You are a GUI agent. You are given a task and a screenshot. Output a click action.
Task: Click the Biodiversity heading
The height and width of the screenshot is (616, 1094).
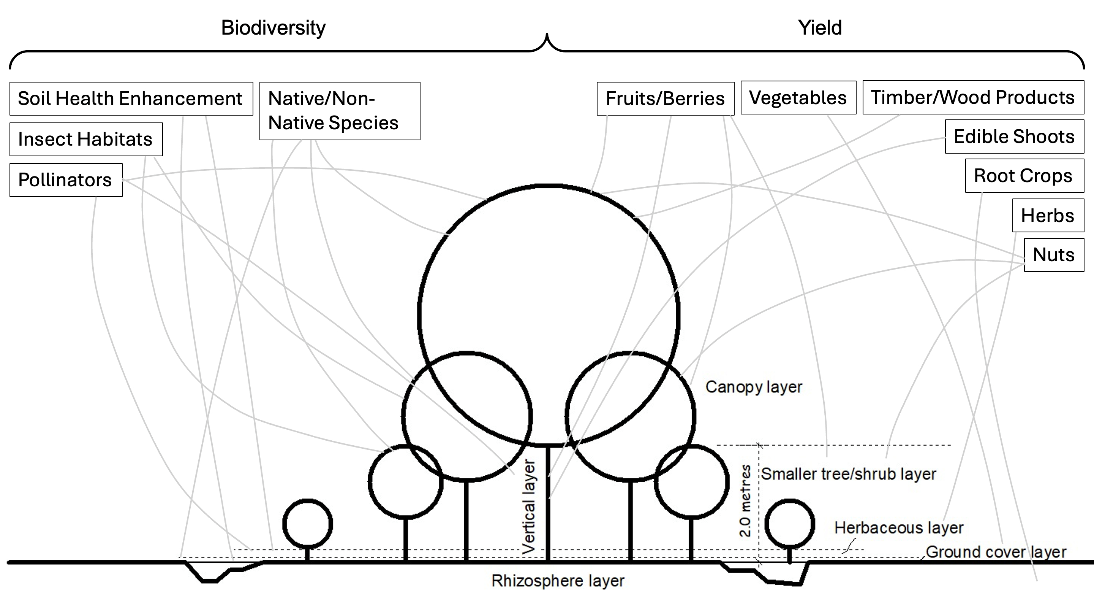[x=273, y=28]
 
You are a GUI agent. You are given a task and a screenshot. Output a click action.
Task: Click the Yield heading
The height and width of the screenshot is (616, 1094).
[x=819, y=28]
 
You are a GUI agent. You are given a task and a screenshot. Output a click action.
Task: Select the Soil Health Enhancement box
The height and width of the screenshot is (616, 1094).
[x=131, y=98]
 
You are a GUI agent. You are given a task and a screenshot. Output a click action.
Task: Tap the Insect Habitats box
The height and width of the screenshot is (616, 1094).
[x=86, y=140]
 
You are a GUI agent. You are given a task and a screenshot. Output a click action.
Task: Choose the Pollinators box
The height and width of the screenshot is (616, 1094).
[x=66, y=180]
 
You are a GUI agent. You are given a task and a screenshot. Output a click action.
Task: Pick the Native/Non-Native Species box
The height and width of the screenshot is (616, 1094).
[x=339, y=111]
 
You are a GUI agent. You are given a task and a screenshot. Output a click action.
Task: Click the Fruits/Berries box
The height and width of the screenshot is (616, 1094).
[x=665, y=98]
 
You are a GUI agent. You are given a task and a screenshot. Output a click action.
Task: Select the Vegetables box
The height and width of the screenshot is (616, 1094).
[x=798, y=98]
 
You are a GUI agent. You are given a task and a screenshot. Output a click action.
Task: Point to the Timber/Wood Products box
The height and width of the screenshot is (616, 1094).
[x=973, y=97]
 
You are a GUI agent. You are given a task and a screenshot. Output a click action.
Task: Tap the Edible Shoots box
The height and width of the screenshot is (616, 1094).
[x=1014, y=137]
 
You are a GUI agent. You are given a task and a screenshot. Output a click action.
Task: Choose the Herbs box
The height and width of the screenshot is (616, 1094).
[x=1048, y=216]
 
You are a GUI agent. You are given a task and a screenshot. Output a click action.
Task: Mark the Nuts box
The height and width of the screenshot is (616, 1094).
[x=1054, y=255]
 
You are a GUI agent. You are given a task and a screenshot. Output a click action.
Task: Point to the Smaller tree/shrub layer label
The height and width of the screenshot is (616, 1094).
[x=848, y=474]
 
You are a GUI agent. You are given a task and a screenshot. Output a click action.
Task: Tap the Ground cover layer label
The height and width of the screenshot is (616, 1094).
[x=996, y=552]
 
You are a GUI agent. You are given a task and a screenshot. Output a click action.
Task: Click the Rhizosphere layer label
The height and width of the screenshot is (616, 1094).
[x=558, y=581]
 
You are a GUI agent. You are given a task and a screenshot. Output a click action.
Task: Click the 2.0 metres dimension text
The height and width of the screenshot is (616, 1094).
[x=745, y=501]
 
